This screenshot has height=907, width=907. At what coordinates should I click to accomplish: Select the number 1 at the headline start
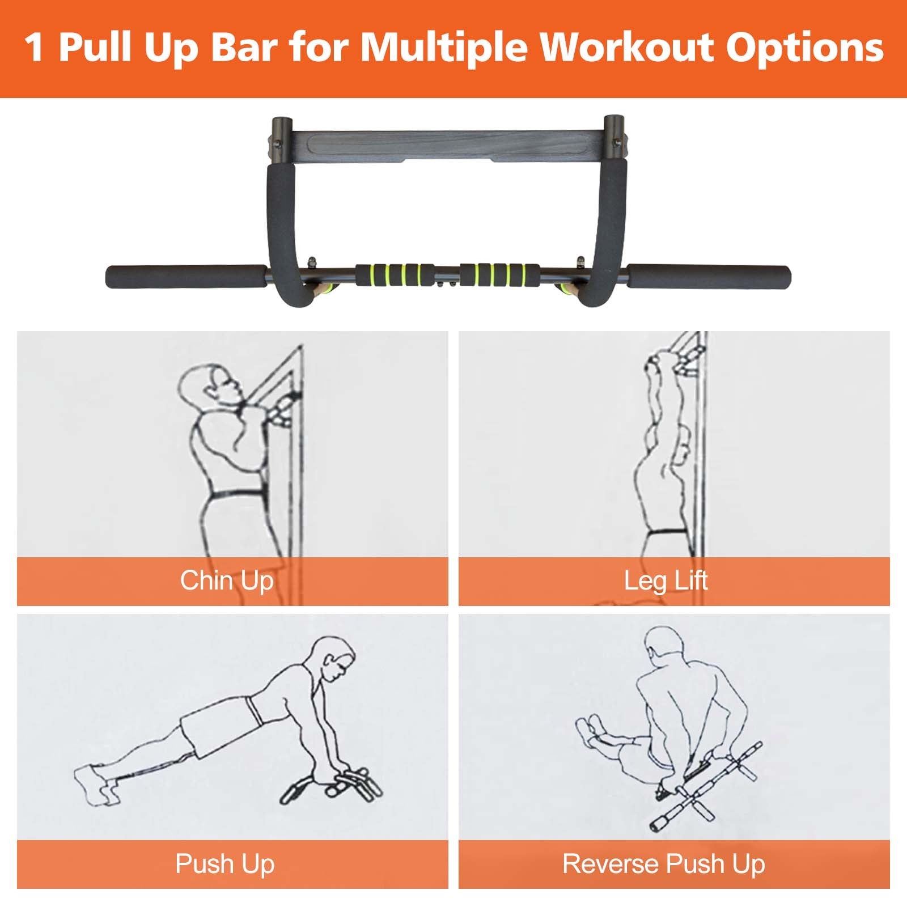pyautogui.click(x=35, y=48)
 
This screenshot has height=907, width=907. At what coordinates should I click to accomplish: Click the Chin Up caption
pyautogui.click(x=227, y=581)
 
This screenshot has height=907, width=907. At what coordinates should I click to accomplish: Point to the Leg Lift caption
pyautogui.click(x=666, y=581)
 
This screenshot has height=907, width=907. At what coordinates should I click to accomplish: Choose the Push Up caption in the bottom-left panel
pyautogui.click(x=225, y=864)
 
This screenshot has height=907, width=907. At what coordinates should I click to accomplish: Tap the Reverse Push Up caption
pyautogui.click(x=664, y=864)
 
